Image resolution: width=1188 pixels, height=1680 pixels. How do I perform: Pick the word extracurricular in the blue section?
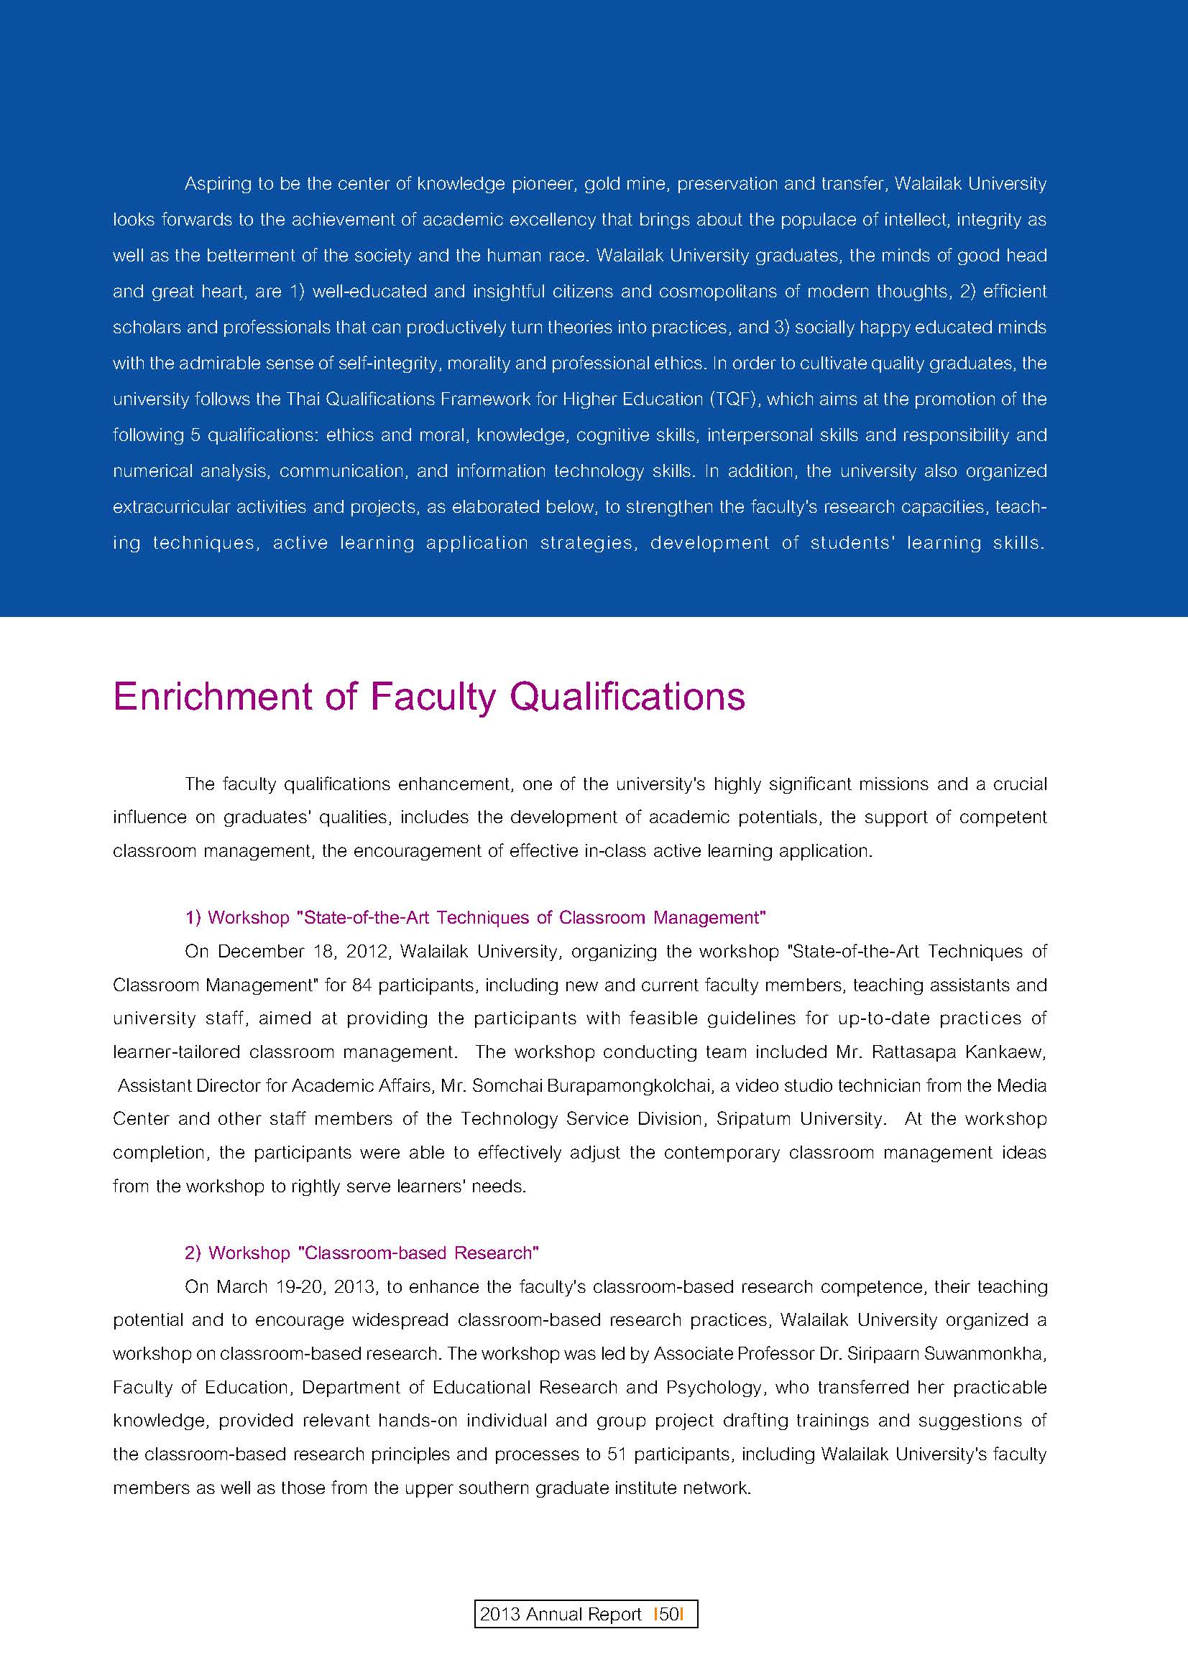click(x=170, y=506)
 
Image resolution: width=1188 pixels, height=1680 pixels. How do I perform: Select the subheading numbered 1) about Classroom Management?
click(x=475, y=917)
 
